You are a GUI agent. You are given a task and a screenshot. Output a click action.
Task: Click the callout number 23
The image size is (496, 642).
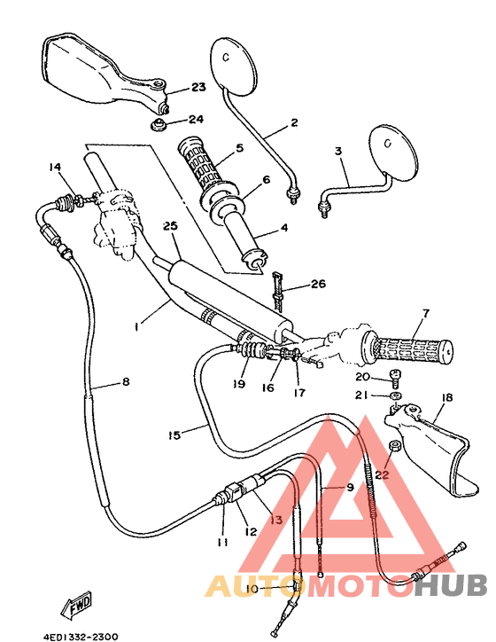(198, 87)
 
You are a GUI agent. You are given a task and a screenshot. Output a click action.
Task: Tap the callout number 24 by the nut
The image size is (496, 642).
(196, 119)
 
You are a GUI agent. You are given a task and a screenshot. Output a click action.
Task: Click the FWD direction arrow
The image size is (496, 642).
(79, 605)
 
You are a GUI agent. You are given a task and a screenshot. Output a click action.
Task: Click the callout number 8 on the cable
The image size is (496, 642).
(125, 382)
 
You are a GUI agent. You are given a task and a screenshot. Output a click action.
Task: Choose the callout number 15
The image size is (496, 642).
(174, 435)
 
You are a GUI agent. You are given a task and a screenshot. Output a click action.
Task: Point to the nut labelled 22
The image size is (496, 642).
(391, 447)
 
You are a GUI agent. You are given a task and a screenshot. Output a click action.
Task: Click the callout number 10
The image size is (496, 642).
(251, 589)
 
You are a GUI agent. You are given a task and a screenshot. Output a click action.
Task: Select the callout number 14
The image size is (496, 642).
(54, 167)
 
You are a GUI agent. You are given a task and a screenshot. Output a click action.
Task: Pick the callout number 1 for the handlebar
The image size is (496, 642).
(137, 326)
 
